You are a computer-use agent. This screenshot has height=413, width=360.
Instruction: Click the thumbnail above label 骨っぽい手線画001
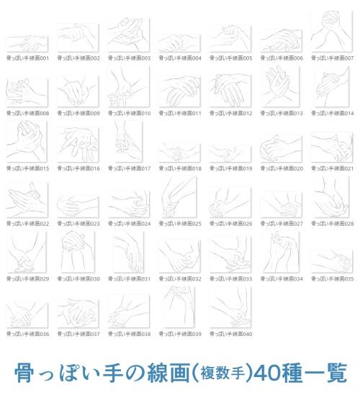(x=27, y=41)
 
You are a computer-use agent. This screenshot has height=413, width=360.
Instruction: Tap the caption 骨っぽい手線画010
(x=129, y=113)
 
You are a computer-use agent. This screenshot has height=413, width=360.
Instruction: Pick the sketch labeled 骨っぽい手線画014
(x=332, y=88)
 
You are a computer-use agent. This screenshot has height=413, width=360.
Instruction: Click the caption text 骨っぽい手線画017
(x=129, y=168)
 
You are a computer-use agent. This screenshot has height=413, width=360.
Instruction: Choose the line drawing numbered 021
(x=332, y=147)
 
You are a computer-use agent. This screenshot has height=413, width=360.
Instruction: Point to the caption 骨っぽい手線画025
(x=180, y=224)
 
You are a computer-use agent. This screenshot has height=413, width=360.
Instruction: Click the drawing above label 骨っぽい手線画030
(x=78, y=253)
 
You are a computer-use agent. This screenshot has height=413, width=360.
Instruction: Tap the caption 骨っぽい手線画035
(x=333, y=278)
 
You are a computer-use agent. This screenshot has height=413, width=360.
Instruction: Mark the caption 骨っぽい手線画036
(x=27, y=334)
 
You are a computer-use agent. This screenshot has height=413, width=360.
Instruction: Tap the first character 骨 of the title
(x=26, y=373)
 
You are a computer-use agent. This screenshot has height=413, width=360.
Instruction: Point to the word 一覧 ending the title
(x=328, y=373)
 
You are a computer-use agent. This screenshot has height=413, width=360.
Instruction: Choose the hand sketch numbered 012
(x=230, y=88)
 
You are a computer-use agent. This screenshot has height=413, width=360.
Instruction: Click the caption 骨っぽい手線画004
(x=180, y=58)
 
